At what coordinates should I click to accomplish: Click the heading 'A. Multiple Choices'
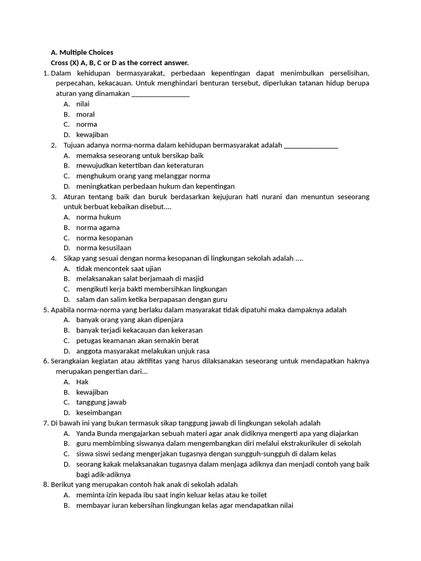pos(82,53)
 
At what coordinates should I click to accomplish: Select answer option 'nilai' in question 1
pos(83,104)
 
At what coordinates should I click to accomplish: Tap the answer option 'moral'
pos(86,115)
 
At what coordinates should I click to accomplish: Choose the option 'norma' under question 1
pos(87,124)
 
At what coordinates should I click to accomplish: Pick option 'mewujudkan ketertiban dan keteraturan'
pos(140,165)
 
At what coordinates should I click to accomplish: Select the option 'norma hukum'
pos(99,217)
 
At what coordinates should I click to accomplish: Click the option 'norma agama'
pos(98,227)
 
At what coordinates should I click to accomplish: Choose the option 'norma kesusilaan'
pos(104,248)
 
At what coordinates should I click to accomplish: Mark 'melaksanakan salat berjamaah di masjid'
pos(140,279)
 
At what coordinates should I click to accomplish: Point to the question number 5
pos(45,310)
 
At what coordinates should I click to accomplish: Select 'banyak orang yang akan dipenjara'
pos(130,320)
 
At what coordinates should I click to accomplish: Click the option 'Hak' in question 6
pos(82,382)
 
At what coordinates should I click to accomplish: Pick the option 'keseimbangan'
pos(99,413)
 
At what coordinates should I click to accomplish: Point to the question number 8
pos(45,485)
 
